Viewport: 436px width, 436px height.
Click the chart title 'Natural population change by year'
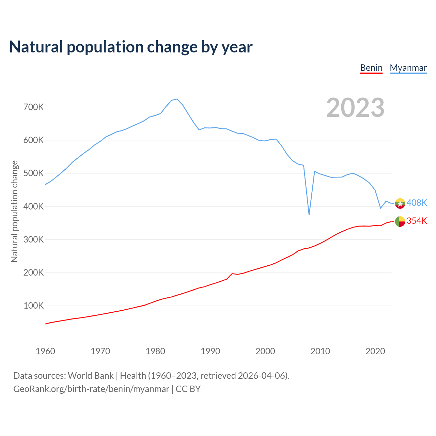coord(131,47)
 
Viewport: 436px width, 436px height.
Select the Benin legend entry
coord(371,68)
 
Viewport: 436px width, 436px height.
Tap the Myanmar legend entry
coord(408,68)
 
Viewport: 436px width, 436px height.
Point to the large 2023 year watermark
coord(355,108)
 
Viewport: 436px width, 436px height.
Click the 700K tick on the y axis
coord(34,107)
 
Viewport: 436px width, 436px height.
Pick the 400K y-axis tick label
coord(34,206)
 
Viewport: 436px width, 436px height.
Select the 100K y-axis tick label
coord(34,306)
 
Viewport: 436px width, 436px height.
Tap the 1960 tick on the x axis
coord(45,351)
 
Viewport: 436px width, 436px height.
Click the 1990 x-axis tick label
coord(211,351)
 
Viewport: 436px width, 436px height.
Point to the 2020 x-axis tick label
coord(375,351)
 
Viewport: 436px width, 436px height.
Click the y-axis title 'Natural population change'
coord(15,212)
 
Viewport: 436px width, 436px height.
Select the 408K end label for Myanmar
coord(417,203)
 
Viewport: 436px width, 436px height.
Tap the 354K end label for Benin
coord(417,221)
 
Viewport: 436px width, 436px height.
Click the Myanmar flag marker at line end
coord(400,203)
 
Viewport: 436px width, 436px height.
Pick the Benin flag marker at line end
coord(400,221)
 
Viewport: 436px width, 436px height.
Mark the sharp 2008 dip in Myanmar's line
coord(309,214)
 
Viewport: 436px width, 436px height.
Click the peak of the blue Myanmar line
coord(177,99)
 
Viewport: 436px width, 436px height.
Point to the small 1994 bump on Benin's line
coord(232,274)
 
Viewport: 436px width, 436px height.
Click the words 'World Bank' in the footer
coord(91,376)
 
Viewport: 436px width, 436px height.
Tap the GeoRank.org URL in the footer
coord(91,389)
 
